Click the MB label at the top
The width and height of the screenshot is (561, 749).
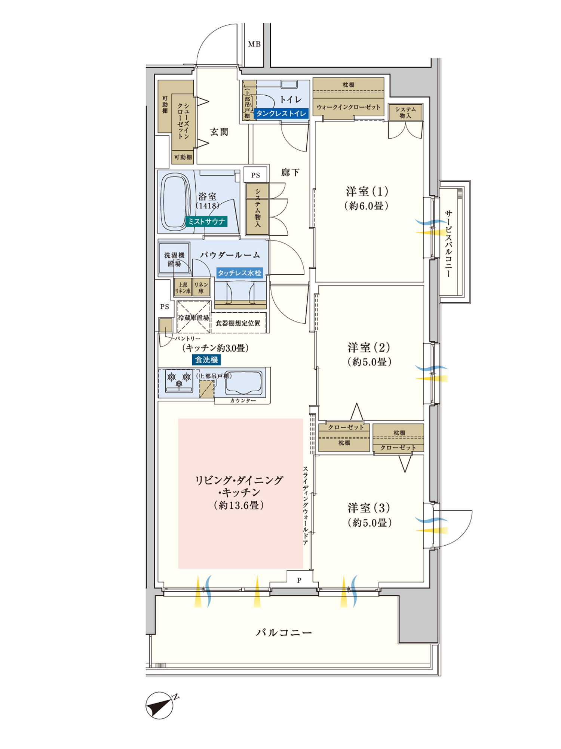click(x=254, y=44)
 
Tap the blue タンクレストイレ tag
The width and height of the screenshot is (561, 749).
click(x=281, y=114)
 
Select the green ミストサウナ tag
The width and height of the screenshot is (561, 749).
click(x=206, y=222)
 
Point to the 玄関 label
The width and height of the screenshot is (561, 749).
click(x=219, y=132)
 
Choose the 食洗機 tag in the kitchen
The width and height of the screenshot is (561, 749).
click(x=206, y=360)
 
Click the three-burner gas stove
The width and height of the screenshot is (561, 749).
click(x=179, y=381)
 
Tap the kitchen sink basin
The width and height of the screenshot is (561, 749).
click(x=243, y=382)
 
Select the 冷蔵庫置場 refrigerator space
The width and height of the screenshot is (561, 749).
click(x=193, y=317)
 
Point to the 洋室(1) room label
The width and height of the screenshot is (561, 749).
click(x=367, y=192)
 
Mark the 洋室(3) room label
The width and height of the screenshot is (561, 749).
click(x=369, y=508)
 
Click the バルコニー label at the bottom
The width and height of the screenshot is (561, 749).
click(x=284, y=632)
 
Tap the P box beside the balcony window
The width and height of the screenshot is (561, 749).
click(x=299, y=580)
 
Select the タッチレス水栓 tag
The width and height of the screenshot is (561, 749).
click(x=239, y=273)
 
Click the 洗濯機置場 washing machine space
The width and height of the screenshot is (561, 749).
click(x=174, y=259)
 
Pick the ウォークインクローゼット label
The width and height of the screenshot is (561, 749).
click(x=348, y=107)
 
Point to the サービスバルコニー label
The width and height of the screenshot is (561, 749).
click(x=448, y=243)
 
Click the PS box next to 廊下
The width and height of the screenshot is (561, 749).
click(x=255, y=175)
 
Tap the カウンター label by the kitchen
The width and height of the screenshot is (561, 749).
click(x=243, y=401)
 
